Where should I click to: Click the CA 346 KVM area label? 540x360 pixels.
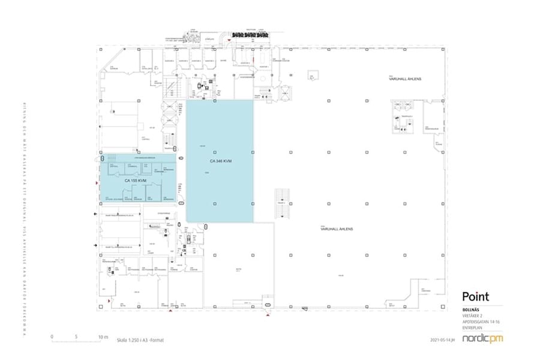[220, 162]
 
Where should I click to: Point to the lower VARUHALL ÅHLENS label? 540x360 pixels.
[337, 229]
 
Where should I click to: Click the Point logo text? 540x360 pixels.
[475, 296]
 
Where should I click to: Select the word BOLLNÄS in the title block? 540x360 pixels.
[471, 310]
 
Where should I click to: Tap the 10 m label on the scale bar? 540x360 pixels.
[103, 337]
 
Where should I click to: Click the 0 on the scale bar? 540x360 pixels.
[52, 337]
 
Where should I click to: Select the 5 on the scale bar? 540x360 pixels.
[77, 337]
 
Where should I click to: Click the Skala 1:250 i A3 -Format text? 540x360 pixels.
[140, 340]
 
